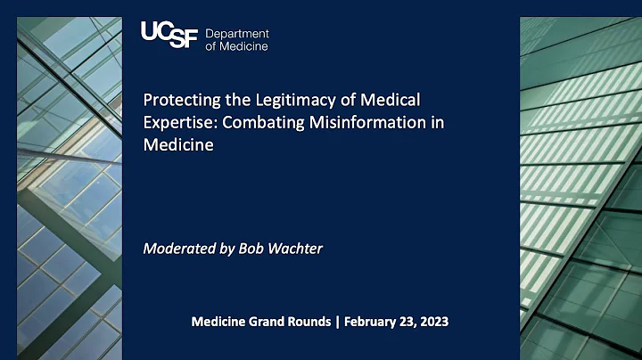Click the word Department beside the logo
237,34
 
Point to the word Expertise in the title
177,122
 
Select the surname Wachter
296,248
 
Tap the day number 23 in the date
411,322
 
